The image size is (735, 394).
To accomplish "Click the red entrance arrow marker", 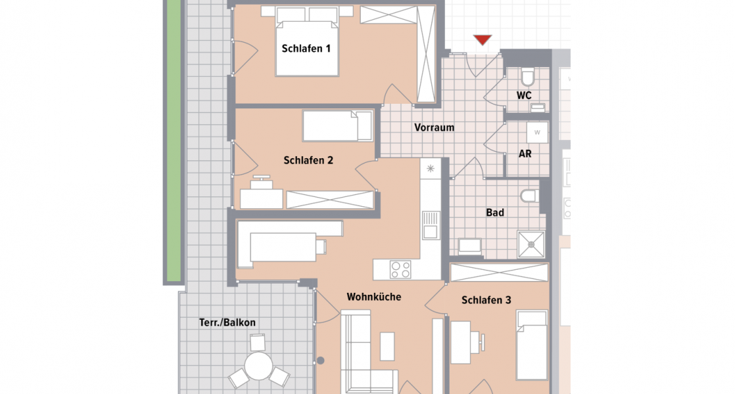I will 483,40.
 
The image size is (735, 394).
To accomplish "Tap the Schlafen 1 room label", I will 306,49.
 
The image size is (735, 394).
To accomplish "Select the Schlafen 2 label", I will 308,160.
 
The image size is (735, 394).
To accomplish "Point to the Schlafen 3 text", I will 486,300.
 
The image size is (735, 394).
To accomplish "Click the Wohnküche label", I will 374,297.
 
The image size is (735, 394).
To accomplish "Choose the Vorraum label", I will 434,127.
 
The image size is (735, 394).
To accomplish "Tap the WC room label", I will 524,95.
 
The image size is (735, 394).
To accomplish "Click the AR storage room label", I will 525,154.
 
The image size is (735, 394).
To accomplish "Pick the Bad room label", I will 495,213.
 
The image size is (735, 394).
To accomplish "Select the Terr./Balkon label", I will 227,322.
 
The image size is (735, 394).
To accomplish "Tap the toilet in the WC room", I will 527,77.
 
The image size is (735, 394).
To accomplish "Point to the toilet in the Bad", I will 528,196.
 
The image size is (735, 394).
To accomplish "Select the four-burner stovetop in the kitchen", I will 401,269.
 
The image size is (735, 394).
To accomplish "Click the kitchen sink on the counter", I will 430,225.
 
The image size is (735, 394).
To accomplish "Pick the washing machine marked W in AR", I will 537,132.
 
